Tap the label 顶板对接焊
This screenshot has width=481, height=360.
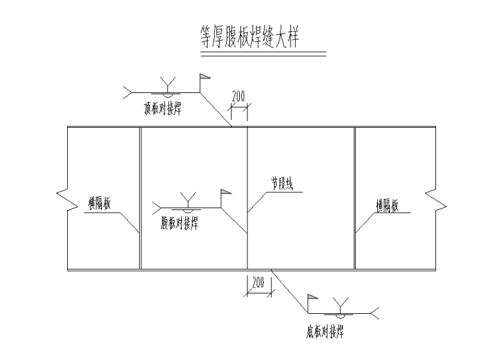click(x=163, y=109)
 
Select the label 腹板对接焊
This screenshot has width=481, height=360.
click(x=180, y=222)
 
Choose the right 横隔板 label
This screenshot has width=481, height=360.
click(x=386, y=205)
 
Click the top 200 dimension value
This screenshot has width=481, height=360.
click(x=239, y=97)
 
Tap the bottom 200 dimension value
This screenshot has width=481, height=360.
click(x=258, y=283)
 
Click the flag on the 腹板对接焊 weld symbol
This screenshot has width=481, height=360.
click(x=225, y=192)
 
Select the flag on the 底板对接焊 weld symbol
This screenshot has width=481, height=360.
click(x=312, y=297)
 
